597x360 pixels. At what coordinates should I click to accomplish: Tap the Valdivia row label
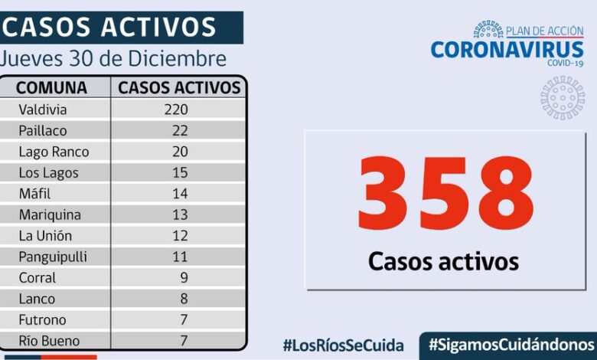43,110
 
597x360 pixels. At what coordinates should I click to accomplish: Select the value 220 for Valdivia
175,110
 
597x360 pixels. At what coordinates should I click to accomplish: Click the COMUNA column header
51,87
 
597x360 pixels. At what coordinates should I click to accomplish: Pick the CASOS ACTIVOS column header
179,87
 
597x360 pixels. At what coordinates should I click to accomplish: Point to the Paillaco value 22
180,131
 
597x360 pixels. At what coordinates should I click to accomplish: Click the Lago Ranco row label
54,152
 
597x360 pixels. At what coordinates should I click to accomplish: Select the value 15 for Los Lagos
180,173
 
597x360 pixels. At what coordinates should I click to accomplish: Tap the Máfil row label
34,194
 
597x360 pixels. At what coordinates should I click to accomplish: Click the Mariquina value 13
180,215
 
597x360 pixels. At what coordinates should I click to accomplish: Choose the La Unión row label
45,236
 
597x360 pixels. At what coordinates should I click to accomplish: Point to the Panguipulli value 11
180,257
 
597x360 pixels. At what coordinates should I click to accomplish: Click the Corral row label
38,277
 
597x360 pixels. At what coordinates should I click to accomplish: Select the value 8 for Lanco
184,299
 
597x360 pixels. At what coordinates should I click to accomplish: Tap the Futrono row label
43,319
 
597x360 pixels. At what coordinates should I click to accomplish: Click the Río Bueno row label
49,340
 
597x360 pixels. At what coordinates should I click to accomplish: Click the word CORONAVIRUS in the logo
507,50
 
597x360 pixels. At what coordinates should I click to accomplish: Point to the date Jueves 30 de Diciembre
113,59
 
